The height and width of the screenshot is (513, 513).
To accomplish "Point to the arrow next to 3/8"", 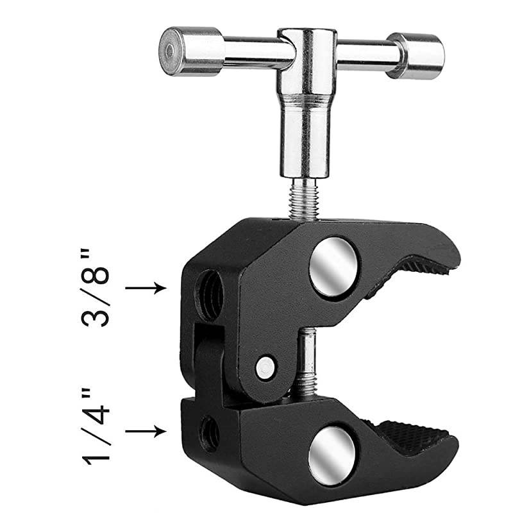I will pos(146,289).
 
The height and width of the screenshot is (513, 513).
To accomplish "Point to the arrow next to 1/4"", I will pos(146,432).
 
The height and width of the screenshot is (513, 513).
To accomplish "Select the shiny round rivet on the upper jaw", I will pos(333,266).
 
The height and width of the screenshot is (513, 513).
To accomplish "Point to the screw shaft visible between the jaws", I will pos(307,366).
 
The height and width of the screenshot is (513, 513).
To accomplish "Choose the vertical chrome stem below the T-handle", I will pos(302,138).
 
